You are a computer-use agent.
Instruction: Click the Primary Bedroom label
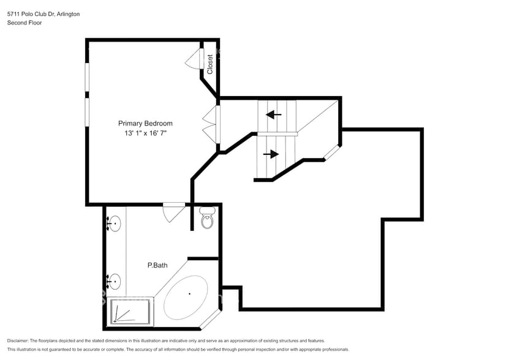(x=145, y=123)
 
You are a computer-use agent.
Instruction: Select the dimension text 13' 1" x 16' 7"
(x=145, y=133)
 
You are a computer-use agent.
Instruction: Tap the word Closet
(x=210, y=64)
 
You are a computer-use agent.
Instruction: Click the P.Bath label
(x=157, y=265)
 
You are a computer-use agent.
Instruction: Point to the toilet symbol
(x=207, y=217)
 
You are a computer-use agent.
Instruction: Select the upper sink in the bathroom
(x=113, y=224)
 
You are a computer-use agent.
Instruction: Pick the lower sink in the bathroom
(x=113, y=282)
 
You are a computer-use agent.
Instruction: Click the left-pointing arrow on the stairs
(x=274, y=114)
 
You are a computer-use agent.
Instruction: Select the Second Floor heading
(x=24, y=23)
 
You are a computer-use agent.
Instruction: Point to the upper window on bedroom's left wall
(x=87, y=78)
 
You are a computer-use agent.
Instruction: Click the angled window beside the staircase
(x=333, y=152)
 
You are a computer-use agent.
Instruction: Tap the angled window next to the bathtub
(x=211, y=319)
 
